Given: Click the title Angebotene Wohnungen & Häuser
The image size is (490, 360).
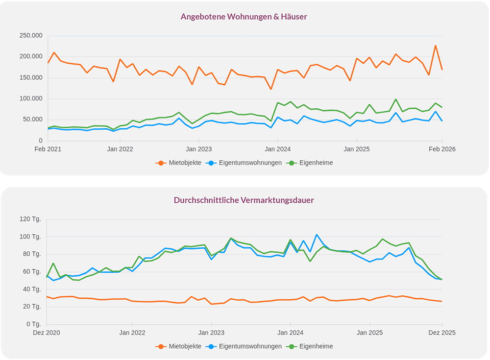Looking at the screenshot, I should point(244,17).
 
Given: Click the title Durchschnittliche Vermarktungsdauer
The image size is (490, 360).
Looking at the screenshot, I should point(244,200).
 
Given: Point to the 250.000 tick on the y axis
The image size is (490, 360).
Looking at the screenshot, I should point(30,35).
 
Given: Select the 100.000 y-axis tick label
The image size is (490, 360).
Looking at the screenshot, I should point(30,98).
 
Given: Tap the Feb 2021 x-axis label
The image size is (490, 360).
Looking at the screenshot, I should point(48,149).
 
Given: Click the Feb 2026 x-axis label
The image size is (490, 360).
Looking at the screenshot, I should point(441,149).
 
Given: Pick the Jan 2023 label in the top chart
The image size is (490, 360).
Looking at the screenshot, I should point(198,149).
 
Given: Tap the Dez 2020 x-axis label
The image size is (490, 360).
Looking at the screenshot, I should point(47,333).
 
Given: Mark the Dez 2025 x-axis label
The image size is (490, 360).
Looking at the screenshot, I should point(441,333).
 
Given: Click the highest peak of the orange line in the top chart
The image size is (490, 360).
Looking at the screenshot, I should point(435,46).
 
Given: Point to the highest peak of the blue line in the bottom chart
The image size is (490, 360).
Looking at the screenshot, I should point(317,235).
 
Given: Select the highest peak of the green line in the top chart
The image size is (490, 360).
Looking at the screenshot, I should point(396,99).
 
